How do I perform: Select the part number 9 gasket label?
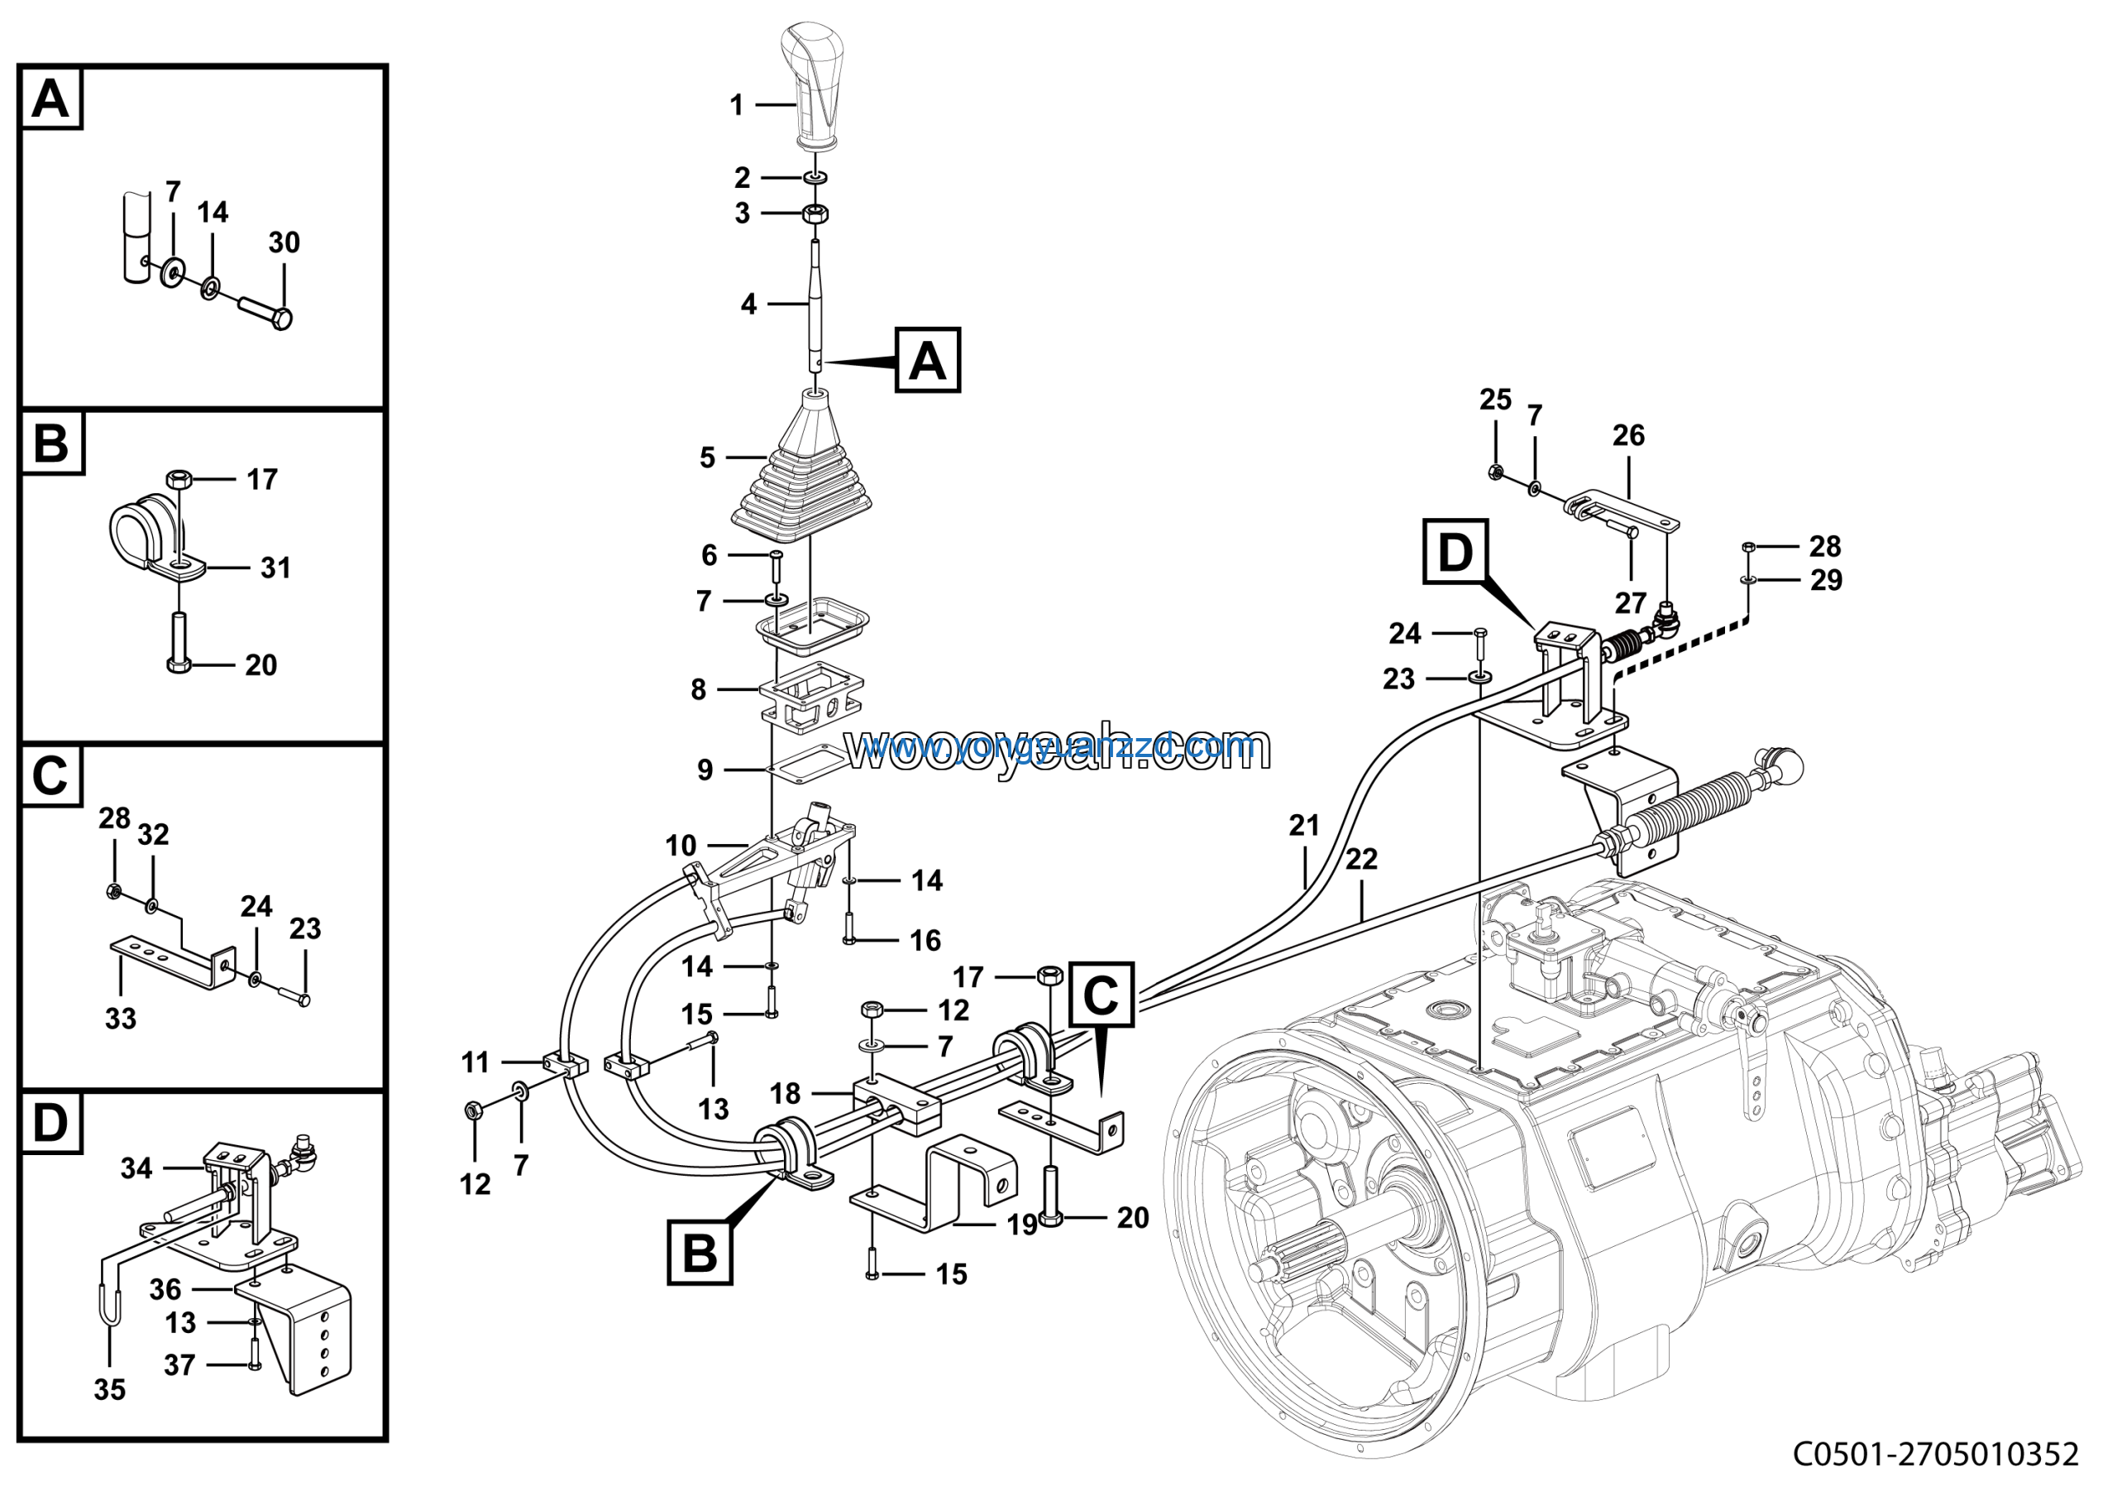pyautogui.click(x=705, y=770)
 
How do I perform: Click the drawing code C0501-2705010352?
pyautogui.click(x=1935, y=1455)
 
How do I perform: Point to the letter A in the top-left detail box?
pyautogui.click(x=50, y=98)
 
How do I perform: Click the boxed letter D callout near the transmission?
pyautogui.click(x=1455, y=553)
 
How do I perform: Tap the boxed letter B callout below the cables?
pyautogui.click(x=700, y=1254)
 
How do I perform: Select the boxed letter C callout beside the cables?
pyautogui.click(x=1101, y=995)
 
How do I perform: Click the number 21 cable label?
pyautogui.click(x=1304, y=826)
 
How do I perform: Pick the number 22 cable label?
pyautogui.click(x=1361, y=860)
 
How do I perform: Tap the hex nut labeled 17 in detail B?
pyautogui.click(x=179, y=480)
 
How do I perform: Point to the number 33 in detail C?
pyautogui.click(x=121, y=1019)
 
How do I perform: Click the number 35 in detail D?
pyautogui.click(x=110, y=1390)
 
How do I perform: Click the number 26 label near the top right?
pyautogui.click(x=1628, y=435)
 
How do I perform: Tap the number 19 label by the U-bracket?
pyautogui.click(x=1021, y=1225)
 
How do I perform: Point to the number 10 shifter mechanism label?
pyautogui.click(x=681, y=846)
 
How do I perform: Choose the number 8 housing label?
pyautogui.click(x=699, y=689)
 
